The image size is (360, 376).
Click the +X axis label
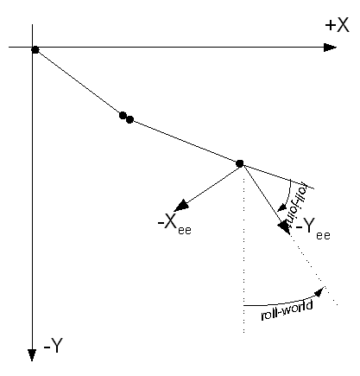pos(338,27)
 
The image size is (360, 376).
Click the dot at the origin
pos(35,49)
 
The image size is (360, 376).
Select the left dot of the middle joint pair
pos(123,115)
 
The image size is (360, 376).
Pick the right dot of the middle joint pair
pos(129,119)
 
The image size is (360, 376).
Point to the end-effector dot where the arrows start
pos(240,163)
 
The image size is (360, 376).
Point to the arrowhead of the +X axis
pos(331,47)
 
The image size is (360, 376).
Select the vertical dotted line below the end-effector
pos(243,259)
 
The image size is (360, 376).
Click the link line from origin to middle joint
pos(78,82)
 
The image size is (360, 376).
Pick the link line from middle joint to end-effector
pos(185,141)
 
